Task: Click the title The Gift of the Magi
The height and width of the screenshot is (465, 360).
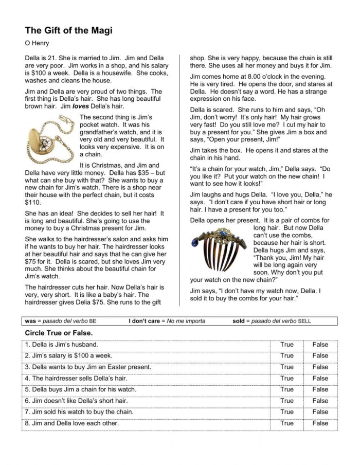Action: (68, 30)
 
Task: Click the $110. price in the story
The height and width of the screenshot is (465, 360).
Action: (33, 203)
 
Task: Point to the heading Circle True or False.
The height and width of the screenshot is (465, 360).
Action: (59, 333)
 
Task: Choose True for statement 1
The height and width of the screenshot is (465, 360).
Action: (287, 345)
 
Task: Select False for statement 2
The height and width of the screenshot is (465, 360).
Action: (320, 356)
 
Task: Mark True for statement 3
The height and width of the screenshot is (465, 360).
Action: (287, 367)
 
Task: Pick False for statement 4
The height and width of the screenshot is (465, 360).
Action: (320, 379)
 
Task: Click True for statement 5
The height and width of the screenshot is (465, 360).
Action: (287, 389)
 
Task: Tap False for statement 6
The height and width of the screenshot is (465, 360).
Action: (320, 401)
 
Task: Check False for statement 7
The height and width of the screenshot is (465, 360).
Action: (320, 412)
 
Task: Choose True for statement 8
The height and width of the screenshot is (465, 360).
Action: (287, 423)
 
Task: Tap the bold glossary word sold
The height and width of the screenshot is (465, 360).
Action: (239, 321)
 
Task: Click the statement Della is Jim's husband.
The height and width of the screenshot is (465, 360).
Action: (65, 345)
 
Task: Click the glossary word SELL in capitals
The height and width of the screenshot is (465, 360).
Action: (304, 321)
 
